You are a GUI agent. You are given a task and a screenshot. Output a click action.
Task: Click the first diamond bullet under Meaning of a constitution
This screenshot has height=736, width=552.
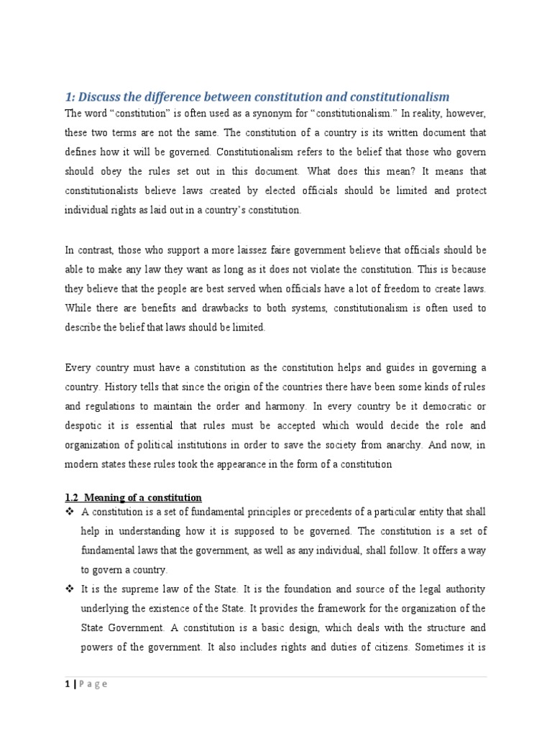(x=70, y=512)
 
